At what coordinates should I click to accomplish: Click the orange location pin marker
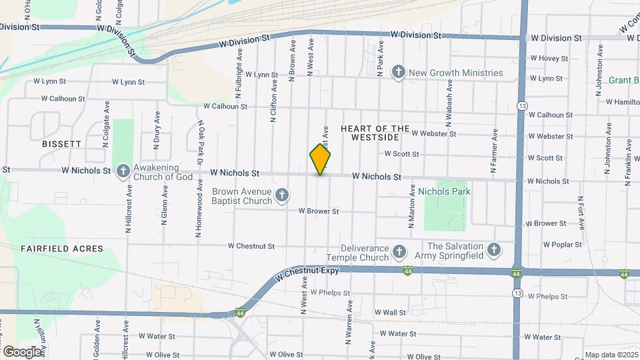[x=321, y=160]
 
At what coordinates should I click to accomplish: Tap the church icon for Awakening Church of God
[x=123, y=172]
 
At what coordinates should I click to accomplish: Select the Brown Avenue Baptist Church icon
[x=282, y=195]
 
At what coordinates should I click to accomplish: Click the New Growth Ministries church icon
[x=399, y=73]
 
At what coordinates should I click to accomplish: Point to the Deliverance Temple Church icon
[x=399, y=251]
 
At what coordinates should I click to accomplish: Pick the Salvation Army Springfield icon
[x=493, y=250]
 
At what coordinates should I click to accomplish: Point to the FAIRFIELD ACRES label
[x=62, y=249]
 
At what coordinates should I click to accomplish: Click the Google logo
[x=22, y=351]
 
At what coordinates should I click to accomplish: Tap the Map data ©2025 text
[x=611, y=355]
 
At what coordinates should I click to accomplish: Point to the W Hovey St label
[x=548, y=59]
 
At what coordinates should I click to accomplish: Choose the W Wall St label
[x=390, y=312]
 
